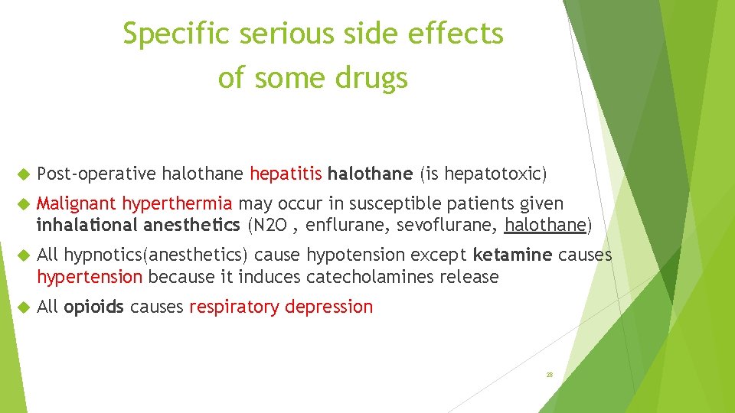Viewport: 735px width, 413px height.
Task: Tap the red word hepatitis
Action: pyautogui.click(x=286, y=174)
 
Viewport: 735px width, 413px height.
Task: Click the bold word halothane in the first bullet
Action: pyautogui.click(x=370, y=174)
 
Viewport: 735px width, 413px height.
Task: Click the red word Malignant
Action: pyautogui.click(x=77, y=204)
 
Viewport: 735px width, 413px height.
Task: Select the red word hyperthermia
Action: pyautogui.click(x=177, y=204)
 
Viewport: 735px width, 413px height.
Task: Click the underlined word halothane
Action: pyautogui.click(x=544, y=226)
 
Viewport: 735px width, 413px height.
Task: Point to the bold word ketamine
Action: pyautogui.click(x=511, y=255)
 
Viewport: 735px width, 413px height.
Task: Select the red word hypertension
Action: pyautogui.click(x=90, y=276)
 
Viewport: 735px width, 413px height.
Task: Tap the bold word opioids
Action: pyautogui.click(x=94, y=307)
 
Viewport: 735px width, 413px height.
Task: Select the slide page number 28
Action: pyautogui.click(x=549, y=375)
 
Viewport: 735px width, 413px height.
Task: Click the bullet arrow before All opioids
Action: pyautogui.click(x=23, y=307)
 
